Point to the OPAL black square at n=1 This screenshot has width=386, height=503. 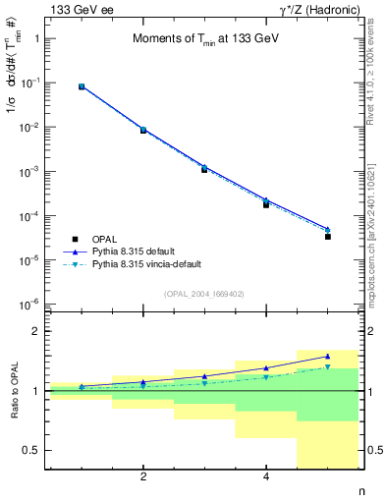(82, 87)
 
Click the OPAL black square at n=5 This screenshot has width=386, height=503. (328, 237)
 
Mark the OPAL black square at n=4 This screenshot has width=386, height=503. (266, 204)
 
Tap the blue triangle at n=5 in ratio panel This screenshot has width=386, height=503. (328, 357)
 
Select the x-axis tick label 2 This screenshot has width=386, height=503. (143, 477)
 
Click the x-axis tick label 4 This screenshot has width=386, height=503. (266, 477)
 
